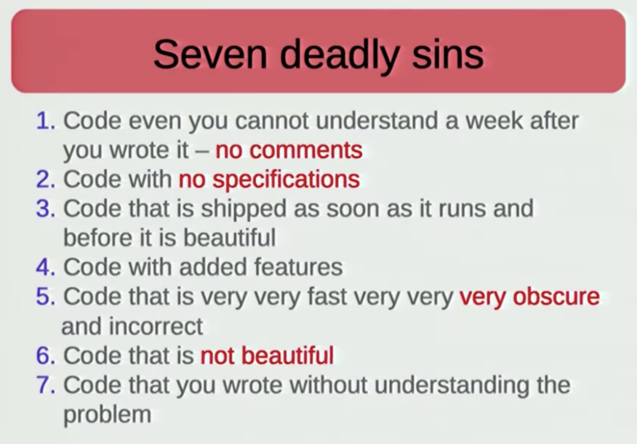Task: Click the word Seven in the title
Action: [210, 54]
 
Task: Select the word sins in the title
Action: [448, 54]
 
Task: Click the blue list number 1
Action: [45, 121]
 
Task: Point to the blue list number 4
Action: [45, 267]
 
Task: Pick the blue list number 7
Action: [45, 385]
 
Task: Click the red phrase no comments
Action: [289, 150]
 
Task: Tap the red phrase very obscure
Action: [530, 298]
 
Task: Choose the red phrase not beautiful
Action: [267, 355]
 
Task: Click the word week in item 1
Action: [495, 121]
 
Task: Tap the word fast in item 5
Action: [327, 296]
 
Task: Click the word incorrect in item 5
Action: [156, 326]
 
